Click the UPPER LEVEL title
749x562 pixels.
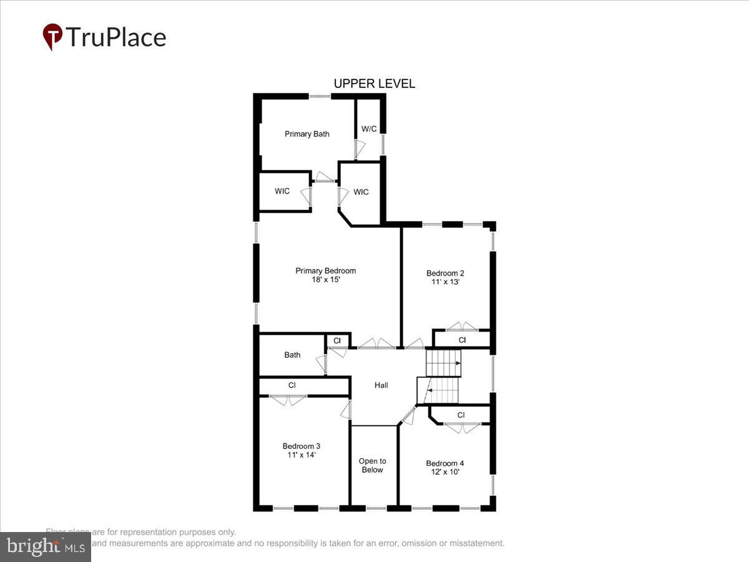point(374,84)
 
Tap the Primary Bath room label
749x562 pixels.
point(306,134)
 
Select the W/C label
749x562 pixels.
point(369,129)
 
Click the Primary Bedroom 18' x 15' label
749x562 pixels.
point(325,275)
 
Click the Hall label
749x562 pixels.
point(381,385)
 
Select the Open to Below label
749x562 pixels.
point(372,465)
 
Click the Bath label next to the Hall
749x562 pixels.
point(292,355)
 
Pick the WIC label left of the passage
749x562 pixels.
point(282,191)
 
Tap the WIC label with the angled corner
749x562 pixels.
point(361,192)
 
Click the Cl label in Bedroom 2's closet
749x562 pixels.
point(462,340)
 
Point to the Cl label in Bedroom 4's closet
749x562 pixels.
point(461,415)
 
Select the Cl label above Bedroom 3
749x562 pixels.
point(291,385)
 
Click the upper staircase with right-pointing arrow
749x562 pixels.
point(443,362)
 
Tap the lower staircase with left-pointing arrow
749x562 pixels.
point(438,391)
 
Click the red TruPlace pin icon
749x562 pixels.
point(52,37)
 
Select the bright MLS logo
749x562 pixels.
point(45,546)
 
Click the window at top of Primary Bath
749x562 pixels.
point(320,96)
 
